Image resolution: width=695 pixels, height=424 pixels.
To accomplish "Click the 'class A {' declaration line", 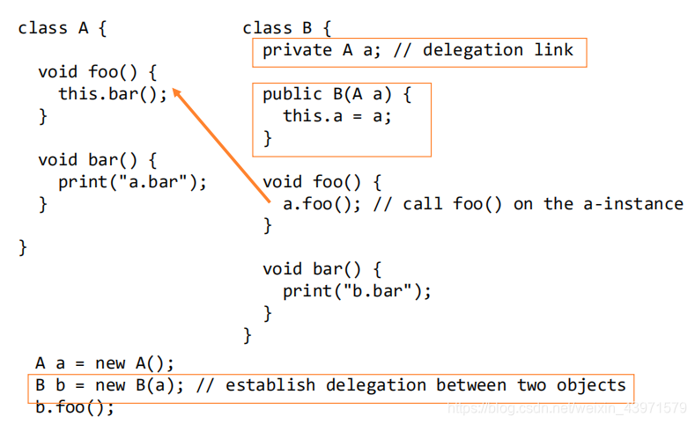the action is [62, 28].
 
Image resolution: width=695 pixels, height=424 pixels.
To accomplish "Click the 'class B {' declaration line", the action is [286, 28].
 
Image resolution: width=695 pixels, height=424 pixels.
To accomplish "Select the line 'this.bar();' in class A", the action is [112, 94].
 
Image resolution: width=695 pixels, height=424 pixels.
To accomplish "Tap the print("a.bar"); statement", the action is [132, 182].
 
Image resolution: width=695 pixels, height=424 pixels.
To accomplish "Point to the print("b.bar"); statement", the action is [357, 291].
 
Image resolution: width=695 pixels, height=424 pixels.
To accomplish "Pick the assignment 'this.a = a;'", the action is [336, 116].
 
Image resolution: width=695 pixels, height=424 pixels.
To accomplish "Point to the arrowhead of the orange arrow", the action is [175, 91].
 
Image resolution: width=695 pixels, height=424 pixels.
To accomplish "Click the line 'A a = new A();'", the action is [105, 363].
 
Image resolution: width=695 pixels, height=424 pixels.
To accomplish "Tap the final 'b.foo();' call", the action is [75, 407].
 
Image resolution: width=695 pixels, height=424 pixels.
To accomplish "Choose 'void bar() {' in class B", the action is [322, 269].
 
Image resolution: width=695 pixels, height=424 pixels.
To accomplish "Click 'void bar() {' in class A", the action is [97, 160].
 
